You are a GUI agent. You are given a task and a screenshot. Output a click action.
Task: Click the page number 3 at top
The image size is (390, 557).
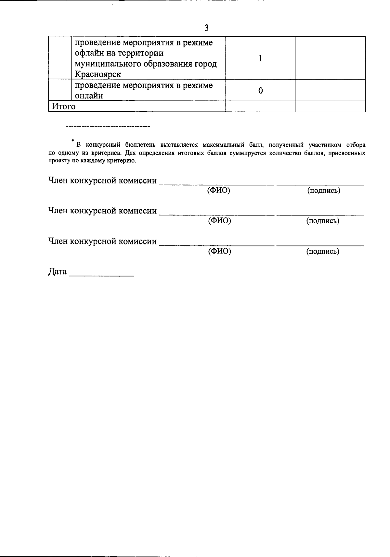[206, 28]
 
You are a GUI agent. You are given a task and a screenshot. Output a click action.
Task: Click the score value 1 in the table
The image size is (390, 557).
[260, 58]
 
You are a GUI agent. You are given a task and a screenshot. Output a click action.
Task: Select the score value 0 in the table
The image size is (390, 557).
[260, 91]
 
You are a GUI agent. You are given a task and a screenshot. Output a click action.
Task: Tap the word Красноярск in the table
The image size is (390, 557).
[98, 74]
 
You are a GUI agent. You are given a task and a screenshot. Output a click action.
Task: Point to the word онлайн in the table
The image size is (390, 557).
[89, 96]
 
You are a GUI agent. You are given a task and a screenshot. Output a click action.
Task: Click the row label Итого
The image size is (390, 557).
[64, 106]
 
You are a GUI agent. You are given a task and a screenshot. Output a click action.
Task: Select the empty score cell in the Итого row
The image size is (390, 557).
[260, 106]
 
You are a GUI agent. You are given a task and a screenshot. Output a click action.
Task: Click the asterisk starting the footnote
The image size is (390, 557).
[73, 141]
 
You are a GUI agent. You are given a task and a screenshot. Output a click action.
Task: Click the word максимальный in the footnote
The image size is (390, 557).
[223, 145]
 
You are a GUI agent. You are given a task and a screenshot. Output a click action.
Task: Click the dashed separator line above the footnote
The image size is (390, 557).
[108, 126]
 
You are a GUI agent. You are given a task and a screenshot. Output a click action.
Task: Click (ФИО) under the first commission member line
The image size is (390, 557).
[219, 191]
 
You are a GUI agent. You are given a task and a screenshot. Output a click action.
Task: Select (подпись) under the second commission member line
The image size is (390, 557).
[323, 221]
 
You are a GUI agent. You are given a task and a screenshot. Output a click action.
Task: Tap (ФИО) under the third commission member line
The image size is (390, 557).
[219, 251]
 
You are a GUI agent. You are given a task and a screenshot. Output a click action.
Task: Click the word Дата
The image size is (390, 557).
[58, 272]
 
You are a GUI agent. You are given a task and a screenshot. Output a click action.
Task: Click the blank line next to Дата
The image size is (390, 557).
[101, 275]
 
